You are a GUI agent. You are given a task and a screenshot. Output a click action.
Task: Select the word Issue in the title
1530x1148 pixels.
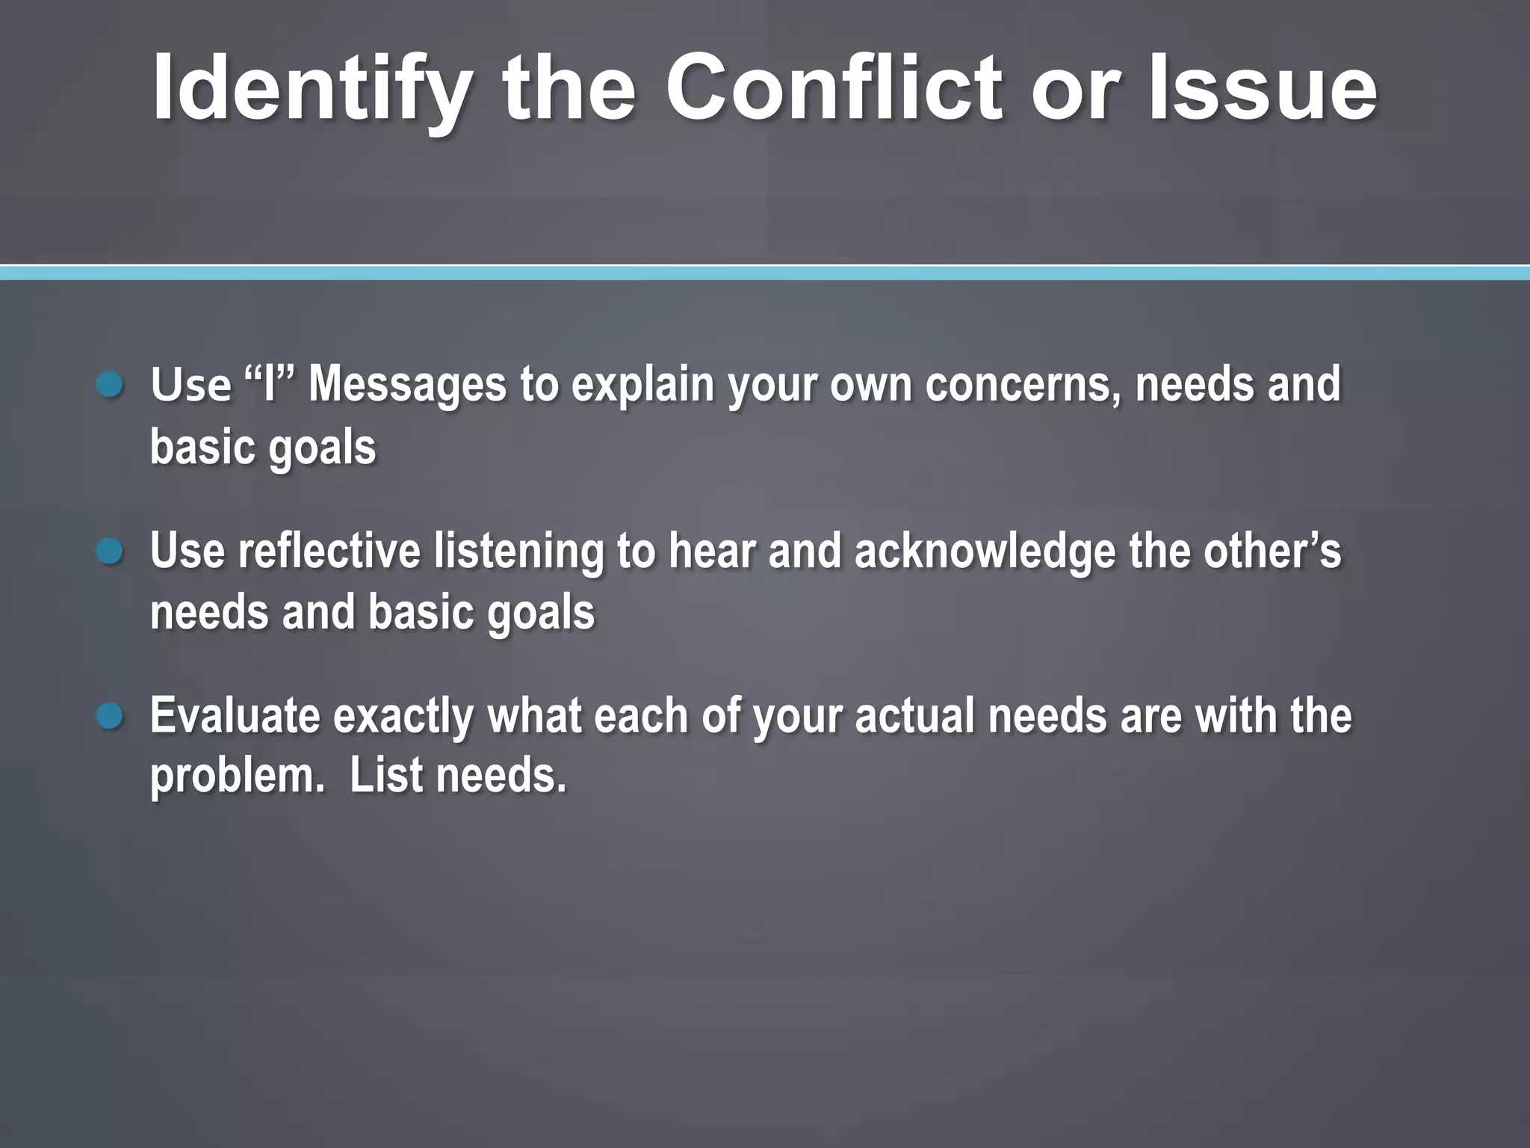click(1263, 87)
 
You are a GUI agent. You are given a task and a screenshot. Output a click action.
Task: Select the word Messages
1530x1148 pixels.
click(408, 386)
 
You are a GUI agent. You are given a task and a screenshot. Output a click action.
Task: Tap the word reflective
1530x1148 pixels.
click(329, 551)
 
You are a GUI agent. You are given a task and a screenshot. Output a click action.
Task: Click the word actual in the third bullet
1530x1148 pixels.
click(914, 716)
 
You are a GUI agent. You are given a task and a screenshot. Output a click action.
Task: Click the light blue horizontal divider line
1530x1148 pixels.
click(765, 273)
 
